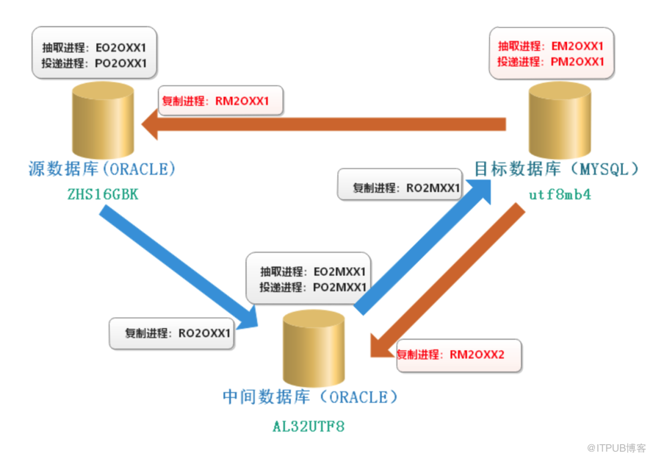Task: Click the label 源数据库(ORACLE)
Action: [102, 168]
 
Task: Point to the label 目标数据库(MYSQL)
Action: [557, 169]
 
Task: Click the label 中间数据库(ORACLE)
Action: [310, 397]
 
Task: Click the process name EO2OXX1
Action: [121, 48]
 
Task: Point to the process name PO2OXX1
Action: [121, 63]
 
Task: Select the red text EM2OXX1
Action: [577, 46]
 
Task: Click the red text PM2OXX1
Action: [577, 62]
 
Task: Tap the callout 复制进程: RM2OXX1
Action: [220, 100]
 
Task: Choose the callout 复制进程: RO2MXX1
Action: [400, 188]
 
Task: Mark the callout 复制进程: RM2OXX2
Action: [459, 354]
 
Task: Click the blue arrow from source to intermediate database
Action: [176, 265]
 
